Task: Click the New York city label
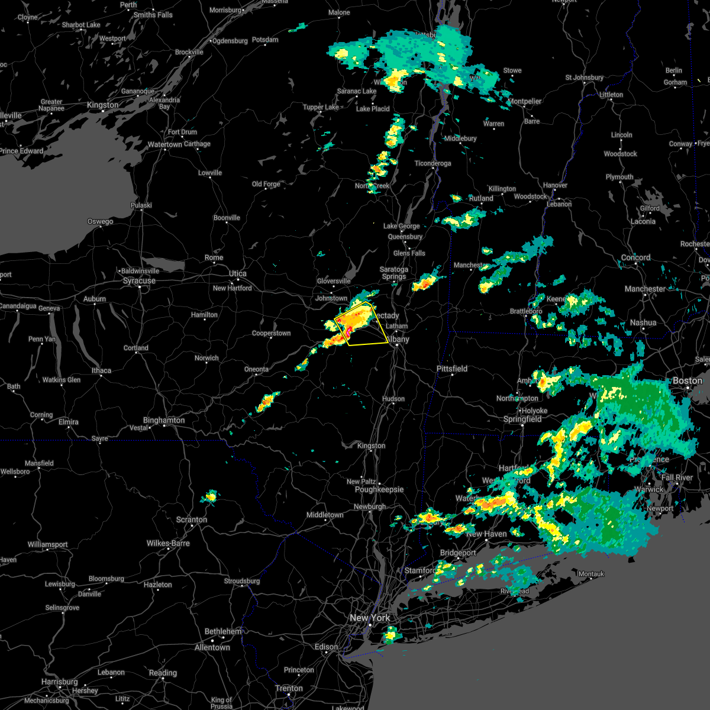coord(370,618)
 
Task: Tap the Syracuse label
coord(139,280)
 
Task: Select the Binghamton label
coord(164,420)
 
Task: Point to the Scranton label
coord(192,519)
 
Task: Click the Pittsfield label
coord(452,369)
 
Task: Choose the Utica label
coord(238,273)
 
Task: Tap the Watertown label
coord(165,144)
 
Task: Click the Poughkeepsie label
coord(379,489)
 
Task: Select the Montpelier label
coord(525,101)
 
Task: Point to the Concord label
coord(636,257)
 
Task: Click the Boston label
coord(688,380)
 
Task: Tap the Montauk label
coord(591,574)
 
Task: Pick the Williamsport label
coord(48,544)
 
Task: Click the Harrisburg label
coord(60,682)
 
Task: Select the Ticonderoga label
coord(433,163)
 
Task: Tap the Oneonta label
coord(256,369)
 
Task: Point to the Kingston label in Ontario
coord(102,105)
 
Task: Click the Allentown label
coord(212,647)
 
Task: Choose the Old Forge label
coord(266,184)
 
